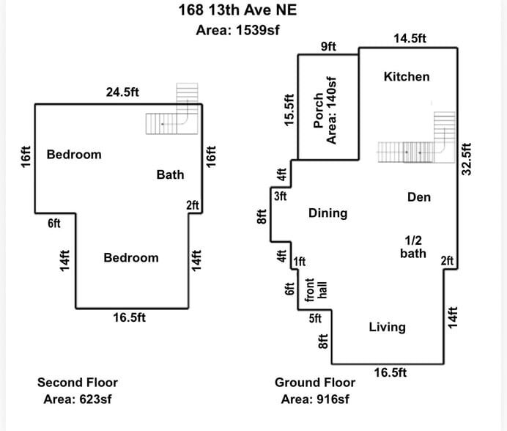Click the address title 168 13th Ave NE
click(x=238, y=10)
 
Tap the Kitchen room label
click(x=407, y=76)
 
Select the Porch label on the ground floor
click(x=319, y=111)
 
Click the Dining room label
click(x=327, y=213)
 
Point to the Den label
click(x=418, y=197)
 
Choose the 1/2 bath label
click(x=413, y=246)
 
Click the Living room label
click(x=387, y=327)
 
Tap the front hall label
click(x=315, y=290)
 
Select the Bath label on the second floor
click(x=170, y=174)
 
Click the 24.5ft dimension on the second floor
click(x=122, y=92)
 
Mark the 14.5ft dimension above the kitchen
click(x=410, y=39)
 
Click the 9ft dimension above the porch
click(x=328, y=47)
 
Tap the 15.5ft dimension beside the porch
click(x=289, y=111)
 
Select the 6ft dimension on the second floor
click(x=53, y=224)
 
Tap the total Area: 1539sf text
click(x=238, y=30)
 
